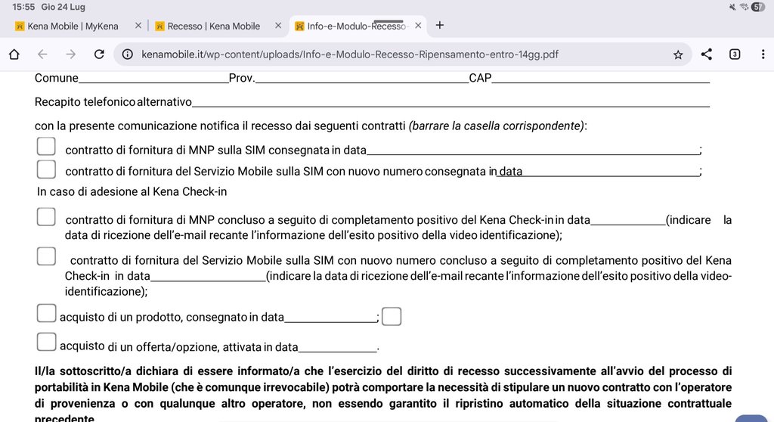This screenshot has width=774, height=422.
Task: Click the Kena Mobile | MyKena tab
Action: tap(73, 26)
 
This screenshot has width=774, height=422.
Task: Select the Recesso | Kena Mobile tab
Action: tap(213, 26)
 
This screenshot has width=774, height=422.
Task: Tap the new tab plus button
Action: tap(440, 25)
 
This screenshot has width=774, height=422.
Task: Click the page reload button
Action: tap(99, 54)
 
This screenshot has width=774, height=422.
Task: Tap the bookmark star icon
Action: tap(678, 54)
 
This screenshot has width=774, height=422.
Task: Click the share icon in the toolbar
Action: tap(707, 54)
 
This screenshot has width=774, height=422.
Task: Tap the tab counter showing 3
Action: tap(735, 54)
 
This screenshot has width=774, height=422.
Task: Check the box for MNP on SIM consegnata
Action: tap(46, 147)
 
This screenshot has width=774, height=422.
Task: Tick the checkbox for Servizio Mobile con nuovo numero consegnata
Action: tap(46, 169)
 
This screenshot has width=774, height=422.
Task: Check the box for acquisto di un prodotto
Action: tap(46, 313)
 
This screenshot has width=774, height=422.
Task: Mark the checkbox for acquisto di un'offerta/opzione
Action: tap(46, 342)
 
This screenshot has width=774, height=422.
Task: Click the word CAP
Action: tap(480, 78)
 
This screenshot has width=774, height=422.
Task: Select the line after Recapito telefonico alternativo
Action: tap(450, 103)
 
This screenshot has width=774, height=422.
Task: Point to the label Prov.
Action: tap(241, 78)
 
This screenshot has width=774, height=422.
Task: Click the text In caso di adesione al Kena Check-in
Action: tap(132, 191)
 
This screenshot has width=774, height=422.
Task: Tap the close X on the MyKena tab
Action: tap(138, 26)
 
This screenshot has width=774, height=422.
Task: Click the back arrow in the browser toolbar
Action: tap(42, 54)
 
